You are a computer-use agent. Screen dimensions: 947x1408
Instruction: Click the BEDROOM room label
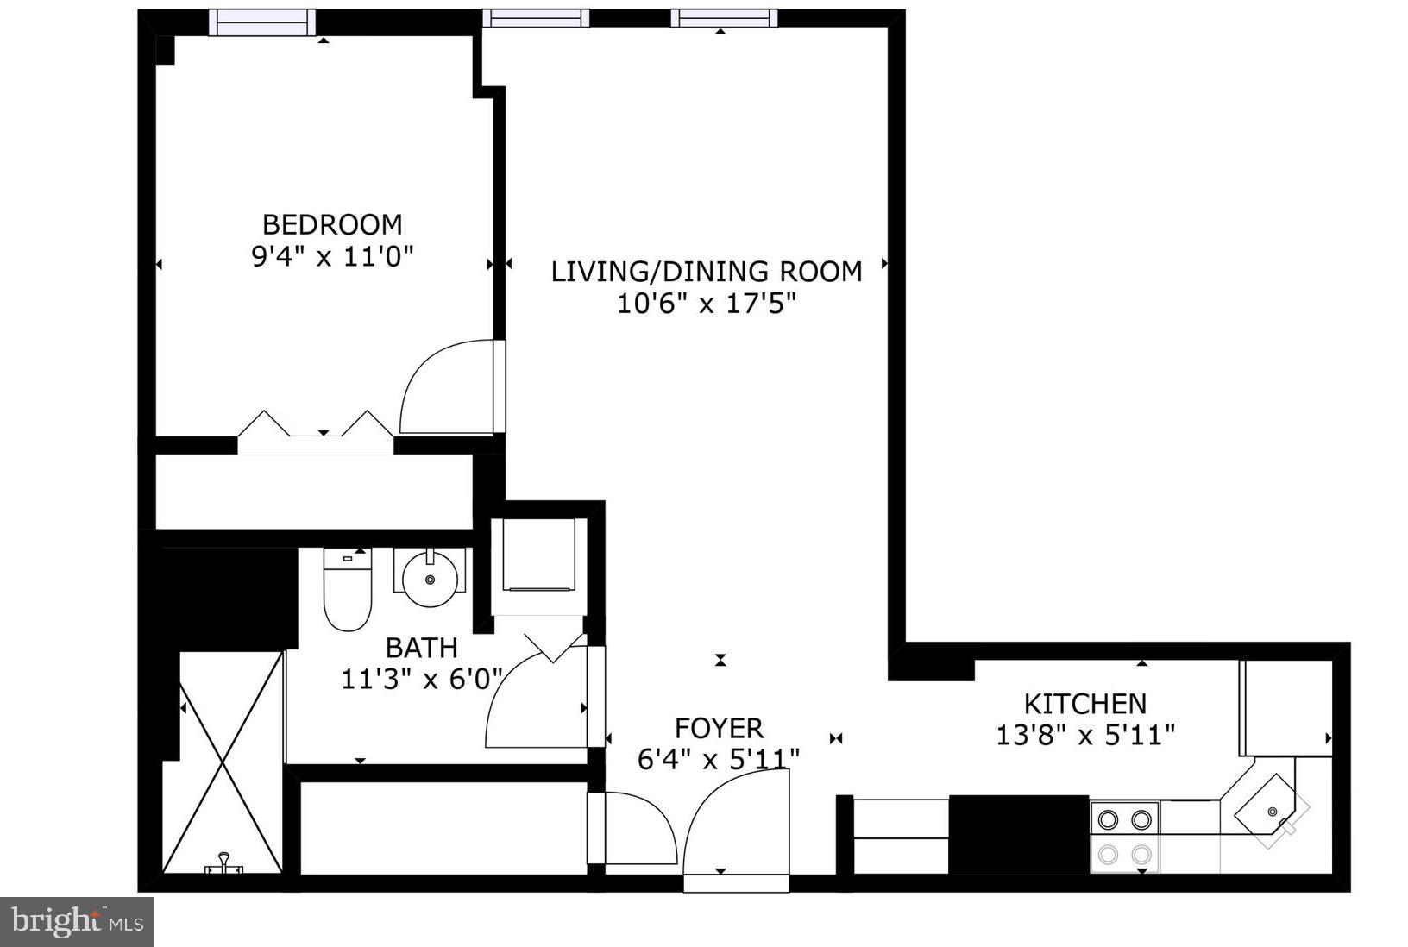pyautogui.click(x=332, y=224)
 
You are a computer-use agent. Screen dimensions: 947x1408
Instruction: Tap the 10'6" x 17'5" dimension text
pyautogui.click(x=706, y=304)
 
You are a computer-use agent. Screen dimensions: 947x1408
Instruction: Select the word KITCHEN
pyautogui.click(x=1084, y=704)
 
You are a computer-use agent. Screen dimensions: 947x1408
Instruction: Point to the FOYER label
pyautogui.click(x=719, y=728)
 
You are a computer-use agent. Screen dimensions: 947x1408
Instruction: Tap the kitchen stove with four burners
pyautogui.click(x=1124, y=835)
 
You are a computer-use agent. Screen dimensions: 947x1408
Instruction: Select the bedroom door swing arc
pyautogui.click(x=444, y=388)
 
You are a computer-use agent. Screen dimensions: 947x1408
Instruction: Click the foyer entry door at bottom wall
pyautogui.click(x=736, y=828)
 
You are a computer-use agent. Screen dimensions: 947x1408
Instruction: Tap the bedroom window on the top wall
pyautogui.click(x=262, y=22)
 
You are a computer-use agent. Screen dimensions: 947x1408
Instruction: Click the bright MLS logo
pyautogui.click(x=77, y=922)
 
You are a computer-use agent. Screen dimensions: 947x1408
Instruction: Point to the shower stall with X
pyautogui.click(x=223, y=763)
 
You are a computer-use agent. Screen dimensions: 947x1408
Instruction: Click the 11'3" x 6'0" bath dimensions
pyautogui.click(x=422, y=679)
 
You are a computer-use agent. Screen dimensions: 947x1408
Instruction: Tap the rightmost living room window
pyautogui.click(x=724, y=18)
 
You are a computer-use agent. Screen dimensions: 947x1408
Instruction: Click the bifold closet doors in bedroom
pyautogui.click(x=316, y=427)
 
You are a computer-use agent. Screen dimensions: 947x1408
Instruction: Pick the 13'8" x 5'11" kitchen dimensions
pyautogui.click(x=1084, y=735)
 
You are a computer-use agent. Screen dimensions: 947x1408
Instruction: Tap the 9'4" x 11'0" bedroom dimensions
pyautogui.click(x=332, y=256)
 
